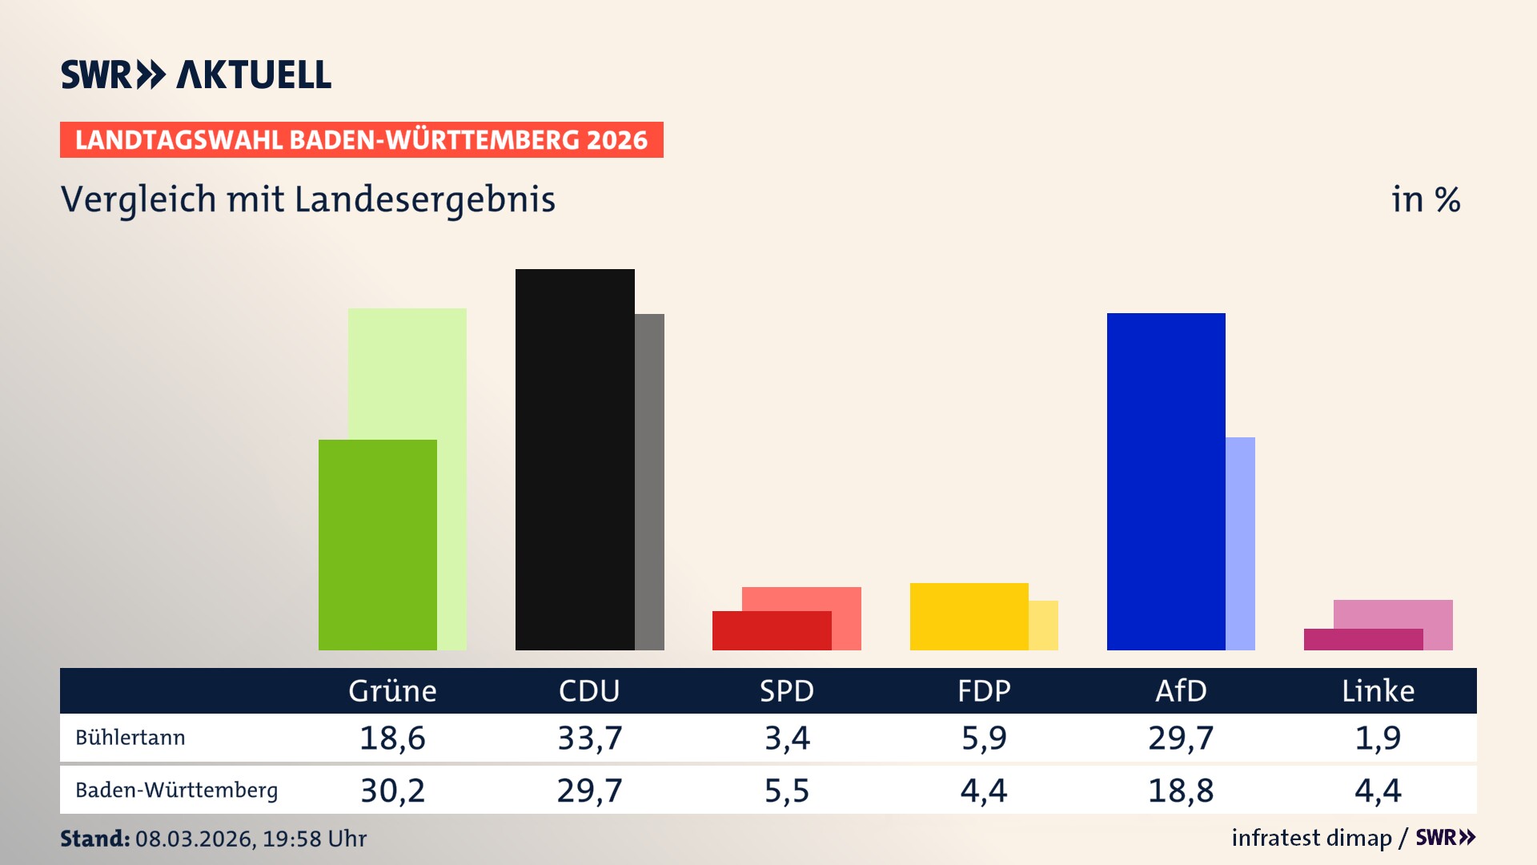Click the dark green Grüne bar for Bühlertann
(377, 545)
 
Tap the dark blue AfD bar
(1166, 481)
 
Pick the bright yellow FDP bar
(969, 616)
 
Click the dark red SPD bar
(772, 630)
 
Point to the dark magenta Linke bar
(1362, 639)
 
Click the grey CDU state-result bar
(649, 481)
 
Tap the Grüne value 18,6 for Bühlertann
(392, 738)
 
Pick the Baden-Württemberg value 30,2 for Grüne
(392, 791)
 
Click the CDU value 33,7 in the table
(589, 738)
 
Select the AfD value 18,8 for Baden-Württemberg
(1181, 791)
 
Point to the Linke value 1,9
(1378, 738)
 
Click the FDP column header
(984, 690)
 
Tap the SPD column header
(786, 690)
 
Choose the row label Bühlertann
(130, 738)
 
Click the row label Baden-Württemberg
(176, 791)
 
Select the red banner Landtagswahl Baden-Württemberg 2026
(361, 140)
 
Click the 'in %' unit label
(1425, 199)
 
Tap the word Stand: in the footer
(94, 839)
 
